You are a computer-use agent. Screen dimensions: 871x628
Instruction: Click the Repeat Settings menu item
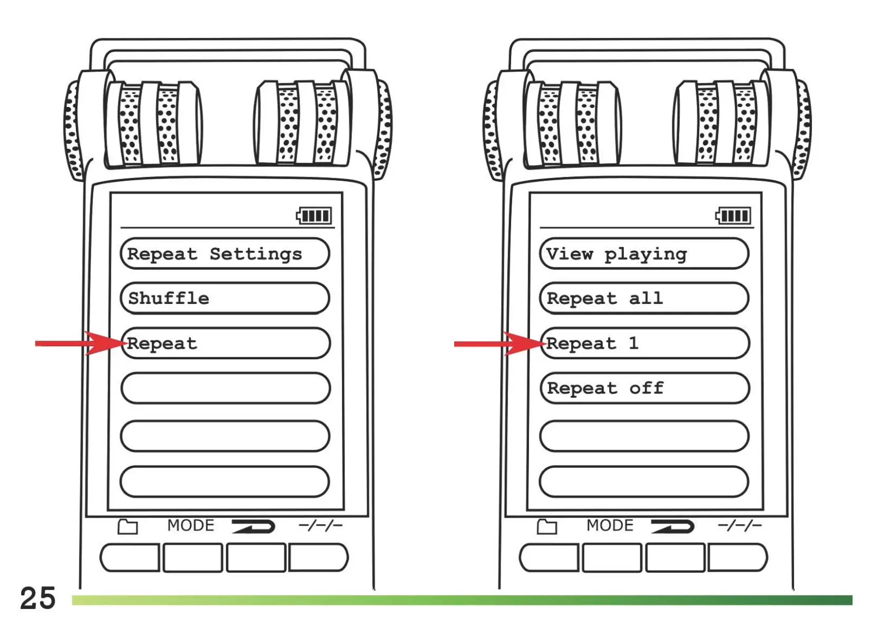225,254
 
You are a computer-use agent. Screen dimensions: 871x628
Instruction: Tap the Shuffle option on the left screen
225,299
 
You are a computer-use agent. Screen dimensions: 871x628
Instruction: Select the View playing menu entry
644,254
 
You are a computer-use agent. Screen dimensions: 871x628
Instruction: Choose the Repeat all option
644,299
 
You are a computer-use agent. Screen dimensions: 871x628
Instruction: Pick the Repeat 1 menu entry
644,344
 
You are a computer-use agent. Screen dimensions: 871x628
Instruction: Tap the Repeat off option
644,388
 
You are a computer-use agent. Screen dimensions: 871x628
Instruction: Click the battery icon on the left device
314,215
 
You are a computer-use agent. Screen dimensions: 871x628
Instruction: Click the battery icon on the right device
733,215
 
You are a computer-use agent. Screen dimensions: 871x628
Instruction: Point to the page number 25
37,598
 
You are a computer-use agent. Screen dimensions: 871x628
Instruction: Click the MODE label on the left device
191,525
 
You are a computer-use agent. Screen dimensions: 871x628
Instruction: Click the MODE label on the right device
610,525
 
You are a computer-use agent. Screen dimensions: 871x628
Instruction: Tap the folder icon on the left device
128,526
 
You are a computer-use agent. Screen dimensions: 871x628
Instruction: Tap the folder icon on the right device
547,526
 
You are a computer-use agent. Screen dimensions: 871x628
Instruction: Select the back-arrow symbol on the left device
253,526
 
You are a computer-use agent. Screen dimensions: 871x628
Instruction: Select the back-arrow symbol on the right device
672,526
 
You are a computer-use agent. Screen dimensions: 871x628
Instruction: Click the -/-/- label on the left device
320,525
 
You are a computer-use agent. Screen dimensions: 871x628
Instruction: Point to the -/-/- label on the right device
739,525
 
